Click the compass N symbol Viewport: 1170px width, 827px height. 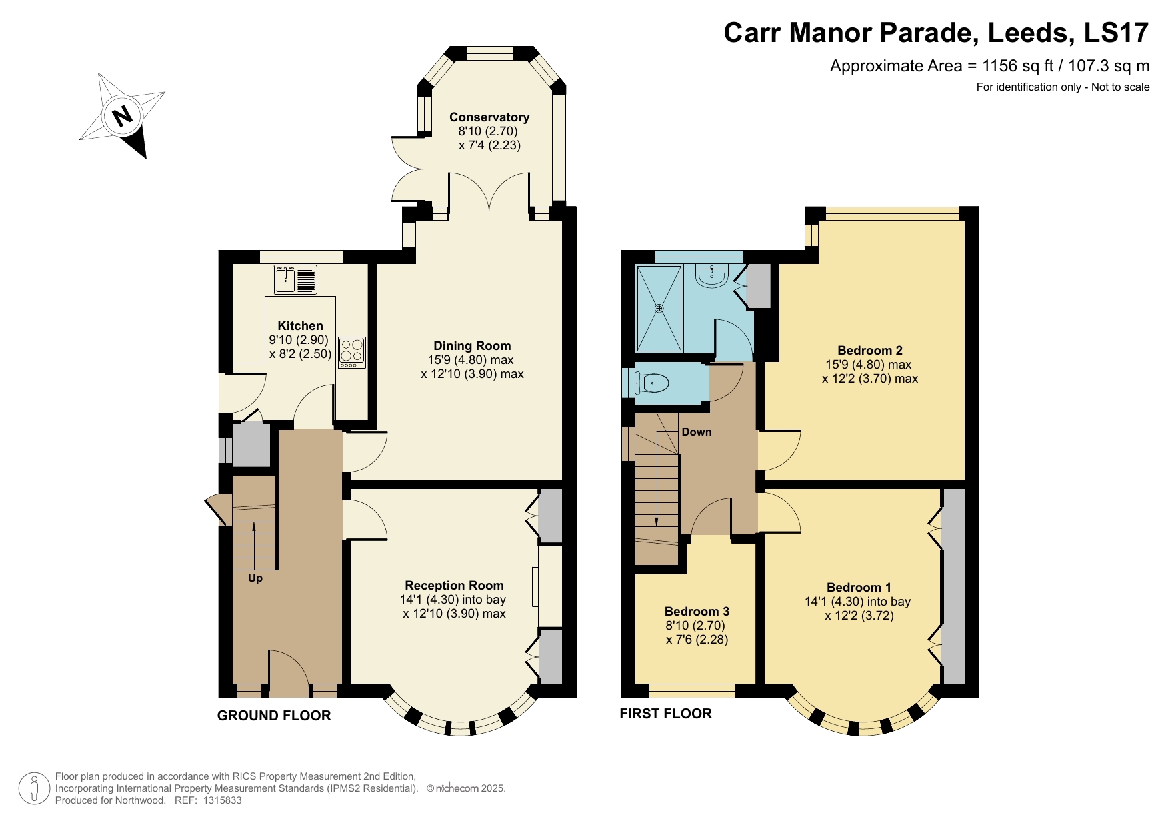click(123, 116)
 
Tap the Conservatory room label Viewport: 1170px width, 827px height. click(489, 117)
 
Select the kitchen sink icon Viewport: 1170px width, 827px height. click(296, 279)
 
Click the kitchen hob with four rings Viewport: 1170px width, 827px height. click(352, 351)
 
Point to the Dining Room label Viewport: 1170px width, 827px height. click(472, 345)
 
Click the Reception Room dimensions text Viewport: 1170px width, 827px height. click(453, 606)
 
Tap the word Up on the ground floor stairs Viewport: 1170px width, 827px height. click(255, 578)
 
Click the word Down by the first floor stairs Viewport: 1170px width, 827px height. click(696, 432)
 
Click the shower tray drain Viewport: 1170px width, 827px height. click(659, 308)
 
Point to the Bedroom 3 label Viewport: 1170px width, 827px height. click(697, 611)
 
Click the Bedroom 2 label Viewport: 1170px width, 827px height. click(869, 350)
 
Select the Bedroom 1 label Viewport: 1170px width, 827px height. click(858, 587)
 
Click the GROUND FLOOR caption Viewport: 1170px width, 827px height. click(273, 716)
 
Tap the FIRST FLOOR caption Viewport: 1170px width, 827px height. click(665, 714)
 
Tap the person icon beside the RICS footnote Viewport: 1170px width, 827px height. click(33, 788)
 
